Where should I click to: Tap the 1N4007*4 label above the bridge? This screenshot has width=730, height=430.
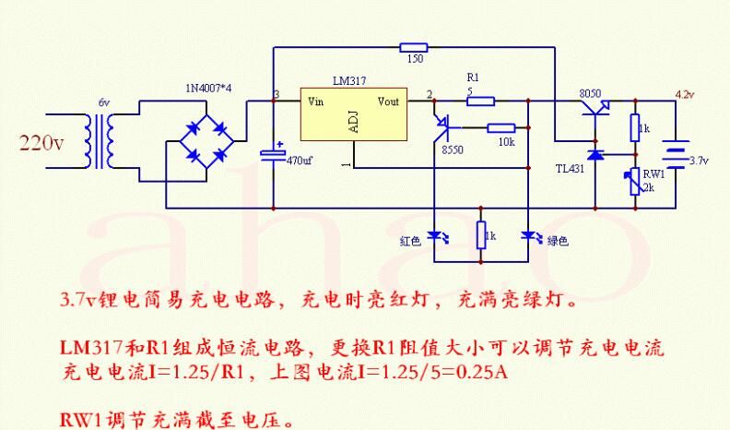click(208, 88)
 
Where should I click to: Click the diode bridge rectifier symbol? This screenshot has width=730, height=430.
click(206, 140)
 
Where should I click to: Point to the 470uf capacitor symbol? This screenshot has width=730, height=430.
click(273, 155)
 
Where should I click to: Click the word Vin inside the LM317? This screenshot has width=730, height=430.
click(315, 102)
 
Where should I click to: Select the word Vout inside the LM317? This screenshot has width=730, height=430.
click(388, 102)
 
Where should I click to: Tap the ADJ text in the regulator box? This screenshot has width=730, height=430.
click(353, 122)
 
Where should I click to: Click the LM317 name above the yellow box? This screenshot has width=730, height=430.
click(349, 80)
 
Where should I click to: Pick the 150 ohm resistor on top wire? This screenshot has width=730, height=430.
click(414, 47)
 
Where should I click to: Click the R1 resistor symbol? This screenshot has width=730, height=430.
click(480, 101)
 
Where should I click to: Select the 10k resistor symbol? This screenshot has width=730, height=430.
click(500, 127)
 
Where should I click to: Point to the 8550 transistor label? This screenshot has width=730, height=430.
click(453, 150)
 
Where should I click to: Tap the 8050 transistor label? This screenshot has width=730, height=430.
click(590, 93)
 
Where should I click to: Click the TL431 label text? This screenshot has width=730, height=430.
click(570, 169)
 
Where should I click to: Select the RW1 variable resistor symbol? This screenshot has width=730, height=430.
click(634, 182)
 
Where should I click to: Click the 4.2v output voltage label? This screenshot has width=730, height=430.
click(685, 94)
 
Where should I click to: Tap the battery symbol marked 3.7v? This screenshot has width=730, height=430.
click(676, 154)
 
